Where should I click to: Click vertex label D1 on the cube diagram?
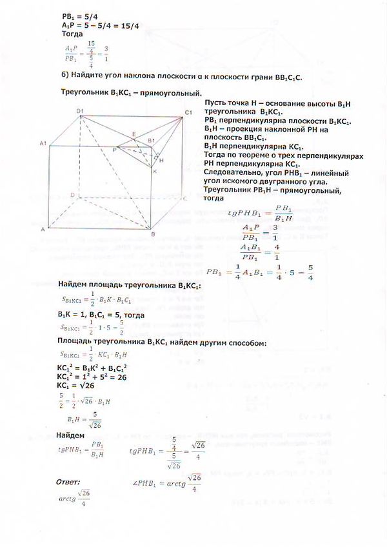[81, 112]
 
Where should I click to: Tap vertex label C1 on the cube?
[188, 114]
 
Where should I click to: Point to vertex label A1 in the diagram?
[43, 143]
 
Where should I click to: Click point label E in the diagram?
[134, 134]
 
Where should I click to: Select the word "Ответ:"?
[68, 481]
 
